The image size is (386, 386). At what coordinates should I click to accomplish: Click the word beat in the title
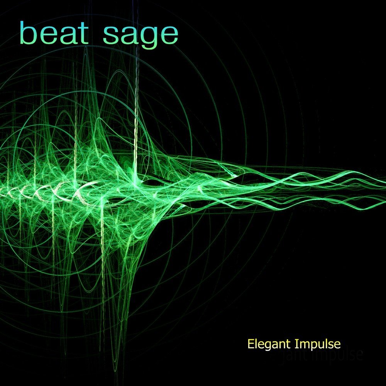click(54, 34)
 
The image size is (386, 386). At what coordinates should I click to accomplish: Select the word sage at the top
click(141, 36)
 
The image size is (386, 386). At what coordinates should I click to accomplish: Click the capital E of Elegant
click(251, 343)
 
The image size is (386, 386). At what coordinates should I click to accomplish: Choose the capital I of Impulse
click(297, 343)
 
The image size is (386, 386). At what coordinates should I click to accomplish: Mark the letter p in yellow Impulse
click(312, 345)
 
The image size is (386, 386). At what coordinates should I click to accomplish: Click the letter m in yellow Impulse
click(303, 344)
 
